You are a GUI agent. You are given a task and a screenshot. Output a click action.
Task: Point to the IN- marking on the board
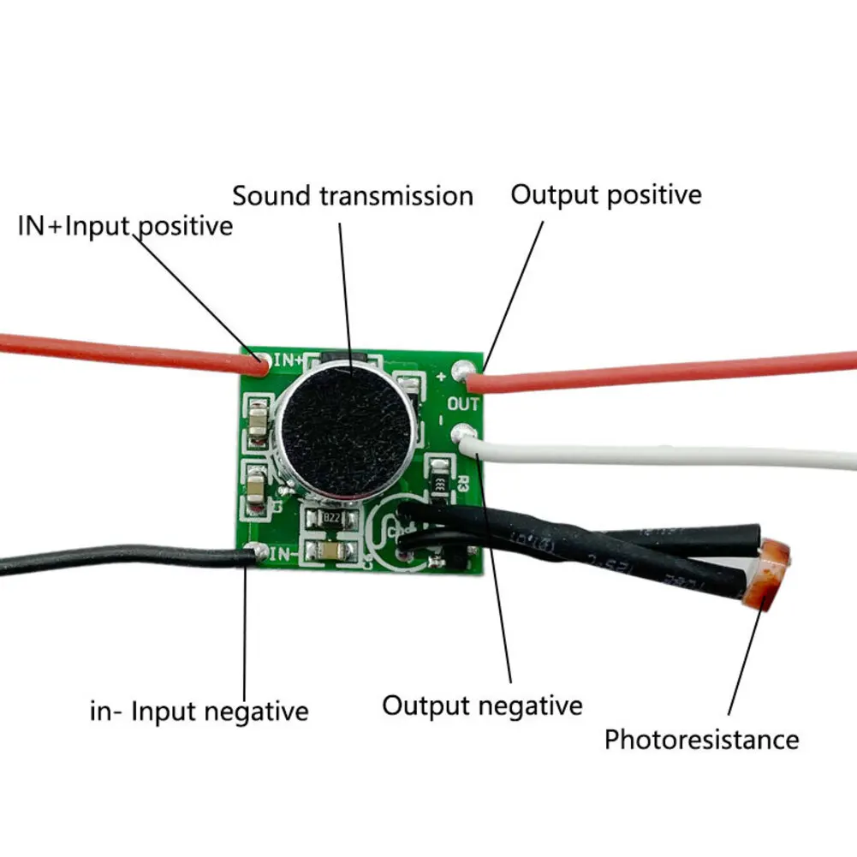point(283,554)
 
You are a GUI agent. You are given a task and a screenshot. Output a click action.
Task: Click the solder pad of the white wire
point(464,433)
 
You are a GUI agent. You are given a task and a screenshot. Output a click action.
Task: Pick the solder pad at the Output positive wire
point(465,370)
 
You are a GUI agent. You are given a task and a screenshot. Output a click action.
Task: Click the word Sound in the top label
point(273,195)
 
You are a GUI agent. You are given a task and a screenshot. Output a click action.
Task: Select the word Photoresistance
point(701,739)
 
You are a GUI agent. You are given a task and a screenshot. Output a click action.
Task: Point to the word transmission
point(397,195)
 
